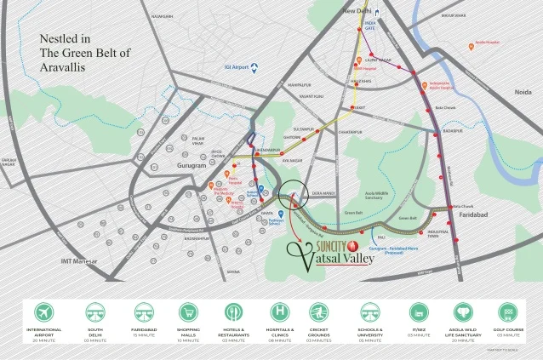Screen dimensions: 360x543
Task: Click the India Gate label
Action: [369, 26]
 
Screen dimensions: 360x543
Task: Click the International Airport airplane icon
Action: [43, 311]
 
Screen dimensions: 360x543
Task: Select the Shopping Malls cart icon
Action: [187, 311]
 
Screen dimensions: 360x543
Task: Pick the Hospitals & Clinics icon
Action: [280, 311]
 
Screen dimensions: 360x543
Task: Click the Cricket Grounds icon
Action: [320, 311]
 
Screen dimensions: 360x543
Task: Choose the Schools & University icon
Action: [369, 311]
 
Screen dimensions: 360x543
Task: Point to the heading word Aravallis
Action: [65, 66]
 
